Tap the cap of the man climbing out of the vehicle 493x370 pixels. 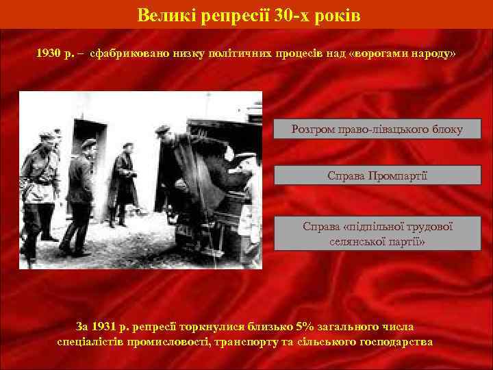coord(162,129)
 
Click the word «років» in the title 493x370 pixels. coord(336,14)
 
